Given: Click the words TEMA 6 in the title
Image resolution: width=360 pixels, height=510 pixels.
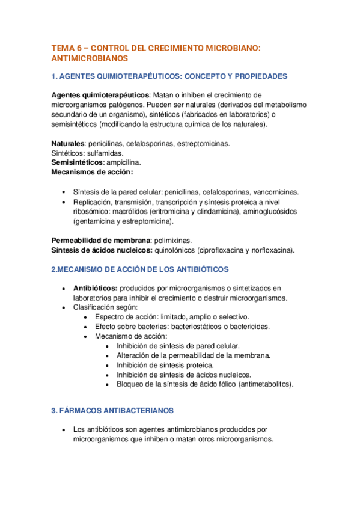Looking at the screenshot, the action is (x=66, y=47).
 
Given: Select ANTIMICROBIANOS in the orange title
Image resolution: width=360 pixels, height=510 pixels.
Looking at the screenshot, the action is (x=90, y=58).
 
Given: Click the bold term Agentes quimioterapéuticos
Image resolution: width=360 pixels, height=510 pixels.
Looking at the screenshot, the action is (x=100, y=95).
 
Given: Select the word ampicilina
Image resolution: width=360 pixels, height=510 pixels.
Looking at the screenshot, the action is (x=123, y=162).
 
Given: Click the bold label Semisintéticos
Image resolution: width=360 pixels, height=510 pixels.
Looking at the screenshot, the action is (x=77, y=162).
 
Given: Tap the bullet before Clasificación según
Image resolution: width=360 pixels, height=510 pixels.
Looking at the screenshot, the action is (x=65, y=307).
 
